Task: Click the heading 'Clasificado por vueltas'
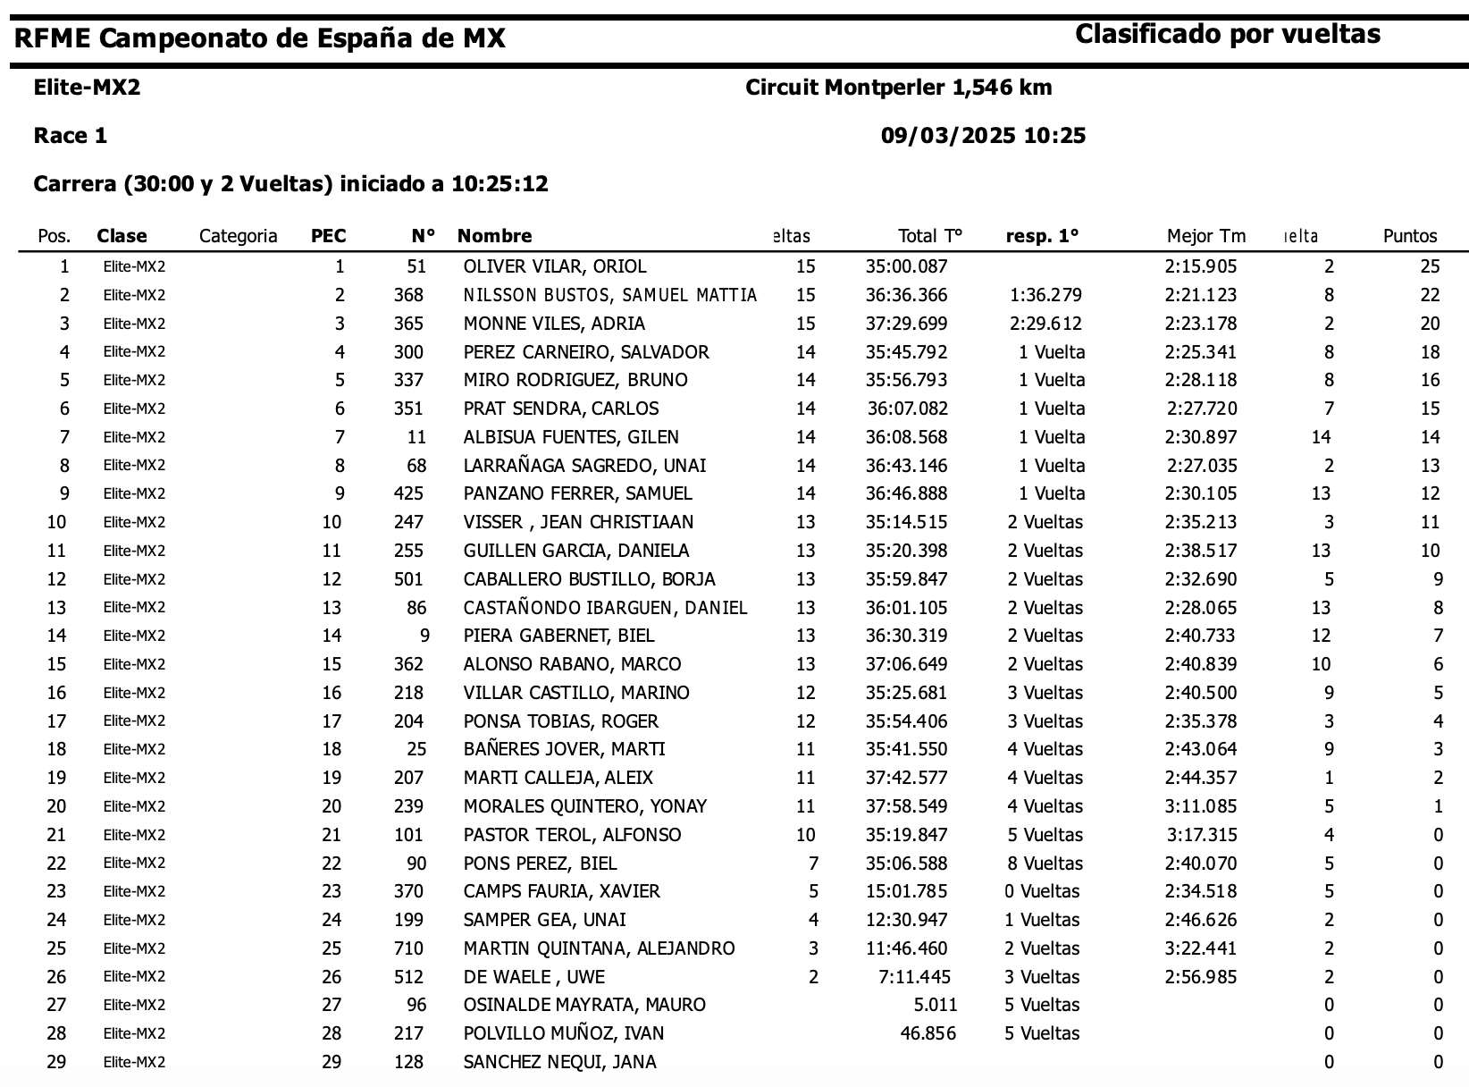(x=1227, y=35)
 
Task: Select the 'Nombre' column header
(x=494, y=236)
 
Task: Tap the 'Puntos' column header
(x=1410, y=236)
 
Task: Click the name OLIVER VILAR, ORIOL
(x=554, y=266)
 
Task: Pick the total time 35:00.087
(x=906, y=266)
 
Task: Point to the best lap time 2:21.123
(x=1201, y=295)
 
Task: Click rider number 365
(x=408, y=324)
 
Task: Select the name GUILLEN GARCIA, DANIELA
(x=575, y=551)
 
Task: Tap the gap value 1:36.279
(x=1045, y=295)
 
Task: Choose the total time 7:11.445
(x=915, y=977)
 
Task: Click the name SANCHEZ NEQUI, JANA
(x=559, y=1062)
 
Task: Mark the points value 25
(x=1430, y=266)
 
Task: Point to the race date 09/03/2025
(x=948, y=136)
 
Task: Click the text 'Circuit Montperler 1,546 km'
(x=898, y=88)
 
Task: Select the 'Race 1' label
(x=70, y=136)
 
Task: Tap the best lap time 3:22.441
(x=1201, y=948)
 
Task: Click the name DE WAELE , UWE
(x=533, y=977)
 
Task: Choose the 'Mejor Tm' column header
(x=1205, y=236)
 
